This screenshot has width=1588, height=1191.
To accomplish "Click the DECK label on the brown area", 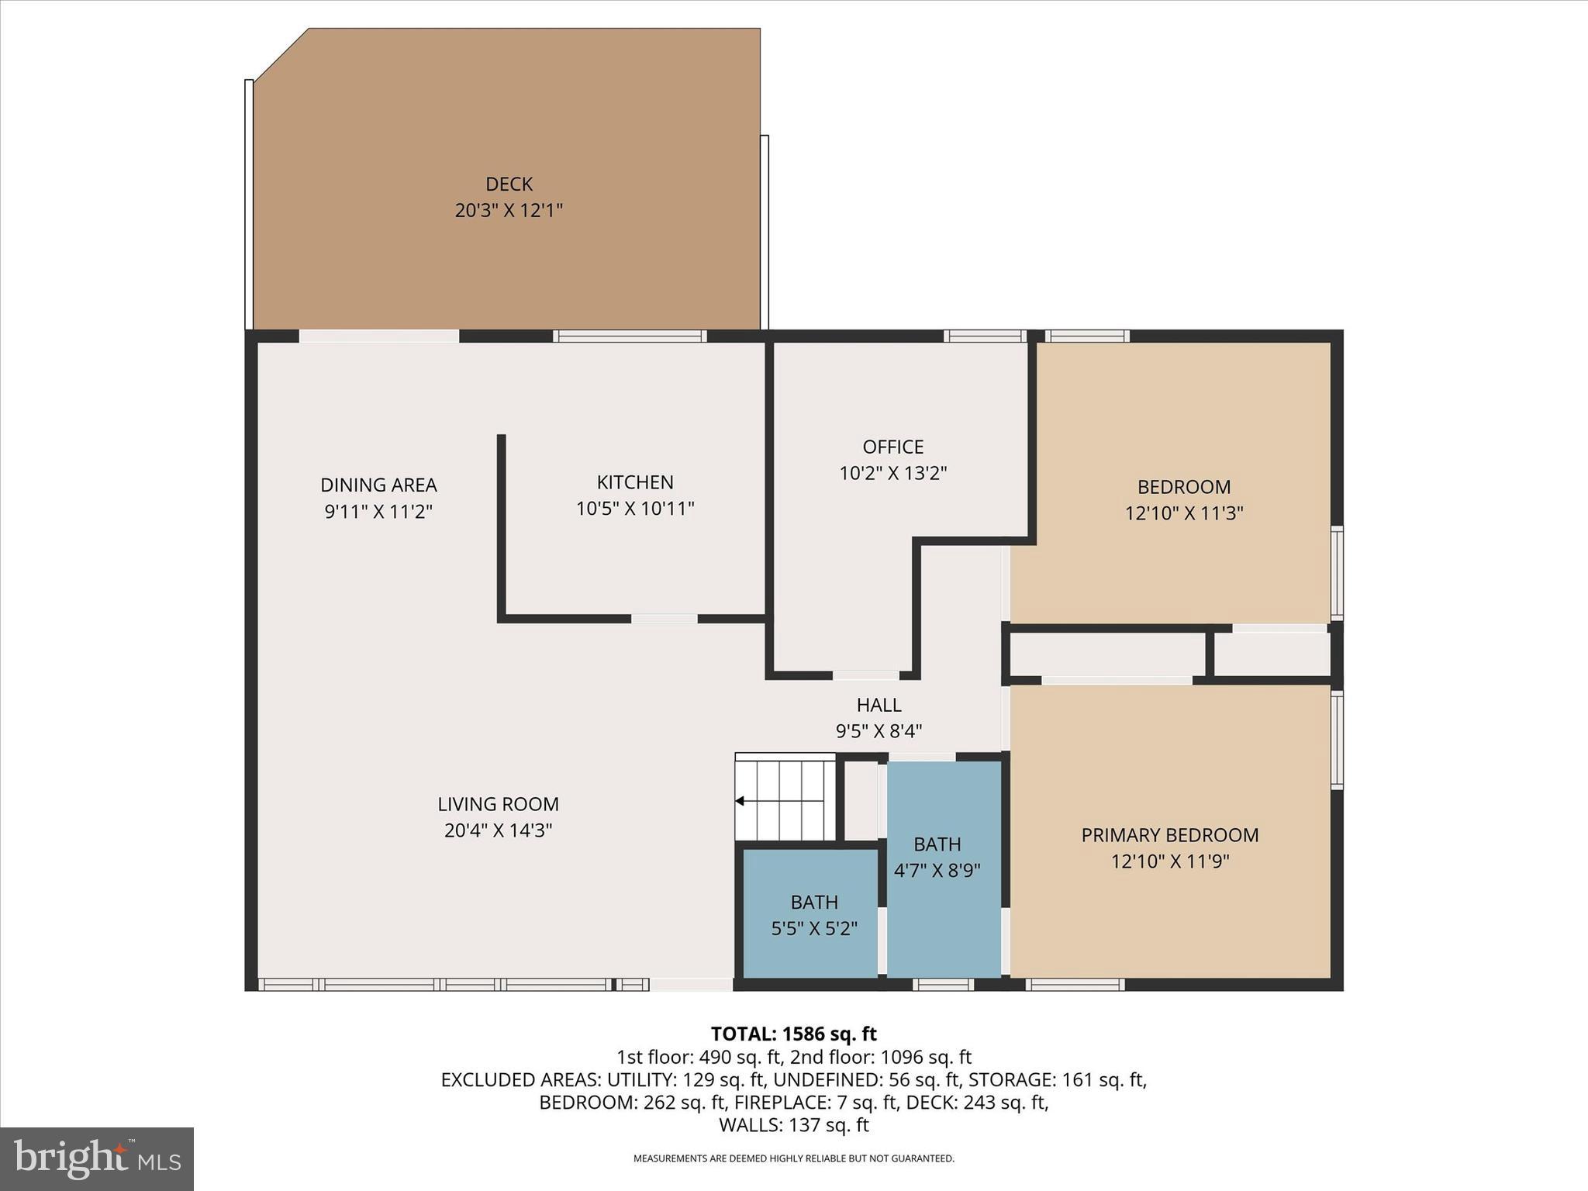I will click(509, 185).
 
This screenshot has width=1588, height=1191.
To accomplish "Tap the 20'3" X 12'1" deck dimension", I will click(509, 210).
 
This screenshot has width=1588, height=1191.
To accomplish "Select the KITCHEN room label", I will click(634, 482).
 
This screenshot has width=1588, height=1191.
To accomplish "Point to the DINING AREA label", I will click(378, 485).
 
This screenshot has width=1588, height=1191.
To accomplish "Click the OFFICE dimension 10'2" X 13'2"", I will click(893, 473).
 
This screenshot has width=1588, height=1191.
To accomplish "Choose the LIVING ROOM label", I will click(498, 804).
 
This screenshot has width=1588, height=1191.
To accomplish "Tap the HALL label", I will click(879, 705).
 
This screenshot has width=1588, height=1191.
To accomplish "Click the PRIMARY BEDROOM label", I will click(1169, 835).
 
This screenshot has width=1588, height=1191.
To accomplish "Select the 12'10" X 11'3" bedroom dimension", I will click(1184, 513).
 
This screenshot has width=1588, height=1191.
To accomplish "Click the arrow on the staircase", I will click(740, 801).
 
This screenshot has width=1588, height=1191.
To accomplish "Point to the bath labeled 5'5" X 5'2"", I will click(813, 915).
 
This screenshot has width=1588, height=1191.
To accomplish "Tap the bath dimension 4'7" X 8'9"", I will click(937, 871).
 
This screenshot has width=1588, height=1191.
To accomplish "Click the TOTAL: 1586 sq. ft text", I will click(793, 1034).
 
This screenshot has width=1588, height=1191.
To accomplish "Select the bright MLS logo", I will click(97, 1158).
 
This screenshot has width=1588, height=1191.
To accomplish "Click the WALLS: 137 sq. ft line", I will click(793, 1125).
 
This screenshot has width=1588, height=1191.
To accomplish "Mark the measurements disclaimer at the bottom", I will click(793, 1159).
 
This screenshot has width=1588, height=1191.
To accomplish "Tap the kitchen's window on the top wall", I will click(629, 337).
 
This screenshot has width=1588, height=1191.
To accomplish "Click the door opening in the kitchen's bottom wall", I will click(664, 619).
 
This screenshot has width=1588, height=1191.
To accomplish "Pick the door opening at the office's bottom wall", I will click(865, 675).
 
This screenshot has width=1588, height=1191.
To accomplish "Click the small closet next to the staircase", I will click(861, 801).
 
